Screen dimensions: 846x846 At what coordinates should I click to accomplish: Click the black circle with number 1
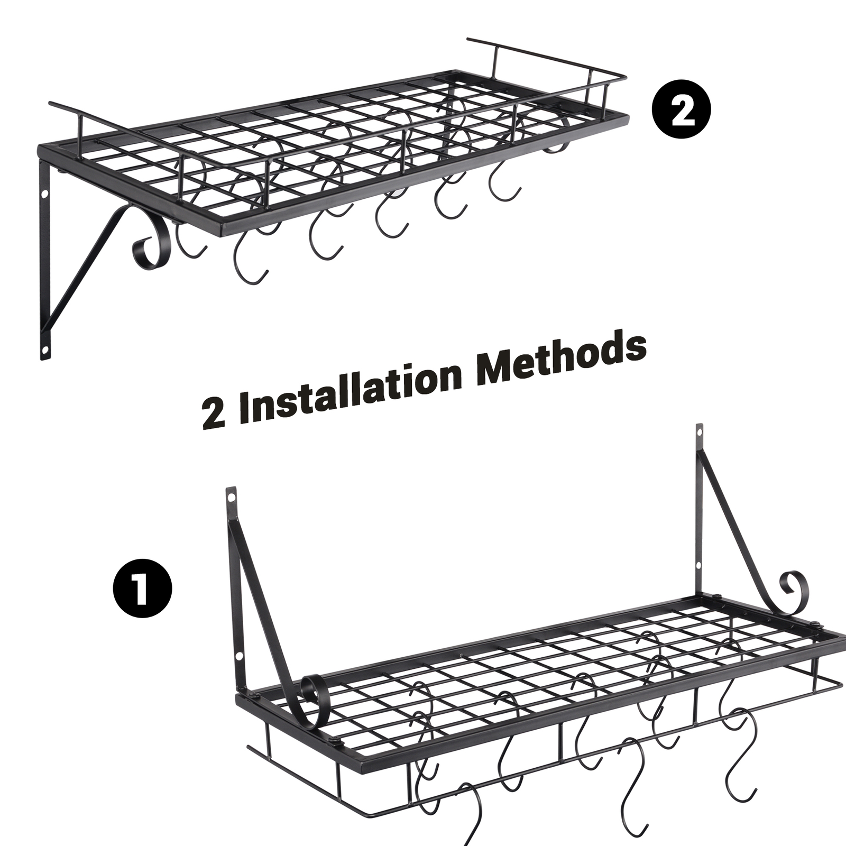coord(142,591)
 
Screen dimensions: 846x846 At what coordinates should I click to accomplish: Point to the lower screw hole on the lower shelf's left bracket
coord(238,656)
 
